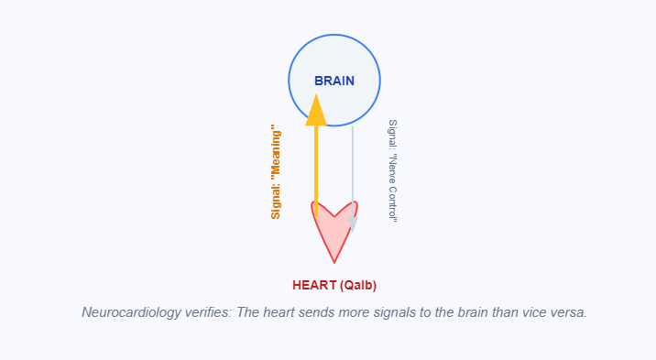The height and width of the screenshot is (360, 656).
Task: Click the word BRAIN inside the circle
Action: pyautogui.click(x=333, y=81)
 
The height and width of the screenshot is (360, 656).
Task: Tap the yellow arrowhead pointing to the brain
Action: pyautogui.click(x=316, y=110)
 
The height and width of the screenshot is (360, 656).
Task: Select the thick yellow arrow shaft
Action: pyautogui.click(x=316, y=165)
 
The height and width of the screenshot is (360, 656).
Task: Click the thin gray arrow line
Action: pyautogui.click(x=353, y=165)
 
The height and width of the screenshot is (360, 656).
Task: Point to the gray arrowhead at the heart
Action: pyautogui.click(x=353, y=224)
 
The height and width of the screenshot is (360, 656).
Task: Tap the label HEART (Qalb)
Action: pyautogui.click(x=334, y=285)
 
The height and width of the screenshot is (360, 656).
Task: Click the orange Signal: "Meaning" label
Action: pyautogui.click(x=275, y=173)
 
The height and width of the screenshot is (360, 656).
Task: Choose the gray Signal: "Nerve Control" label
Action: pyautogui.click(x=392, y=170)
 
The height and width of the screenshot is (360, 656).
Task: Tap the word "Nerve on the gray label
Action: pyautogui.click(x=392, y=176)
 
